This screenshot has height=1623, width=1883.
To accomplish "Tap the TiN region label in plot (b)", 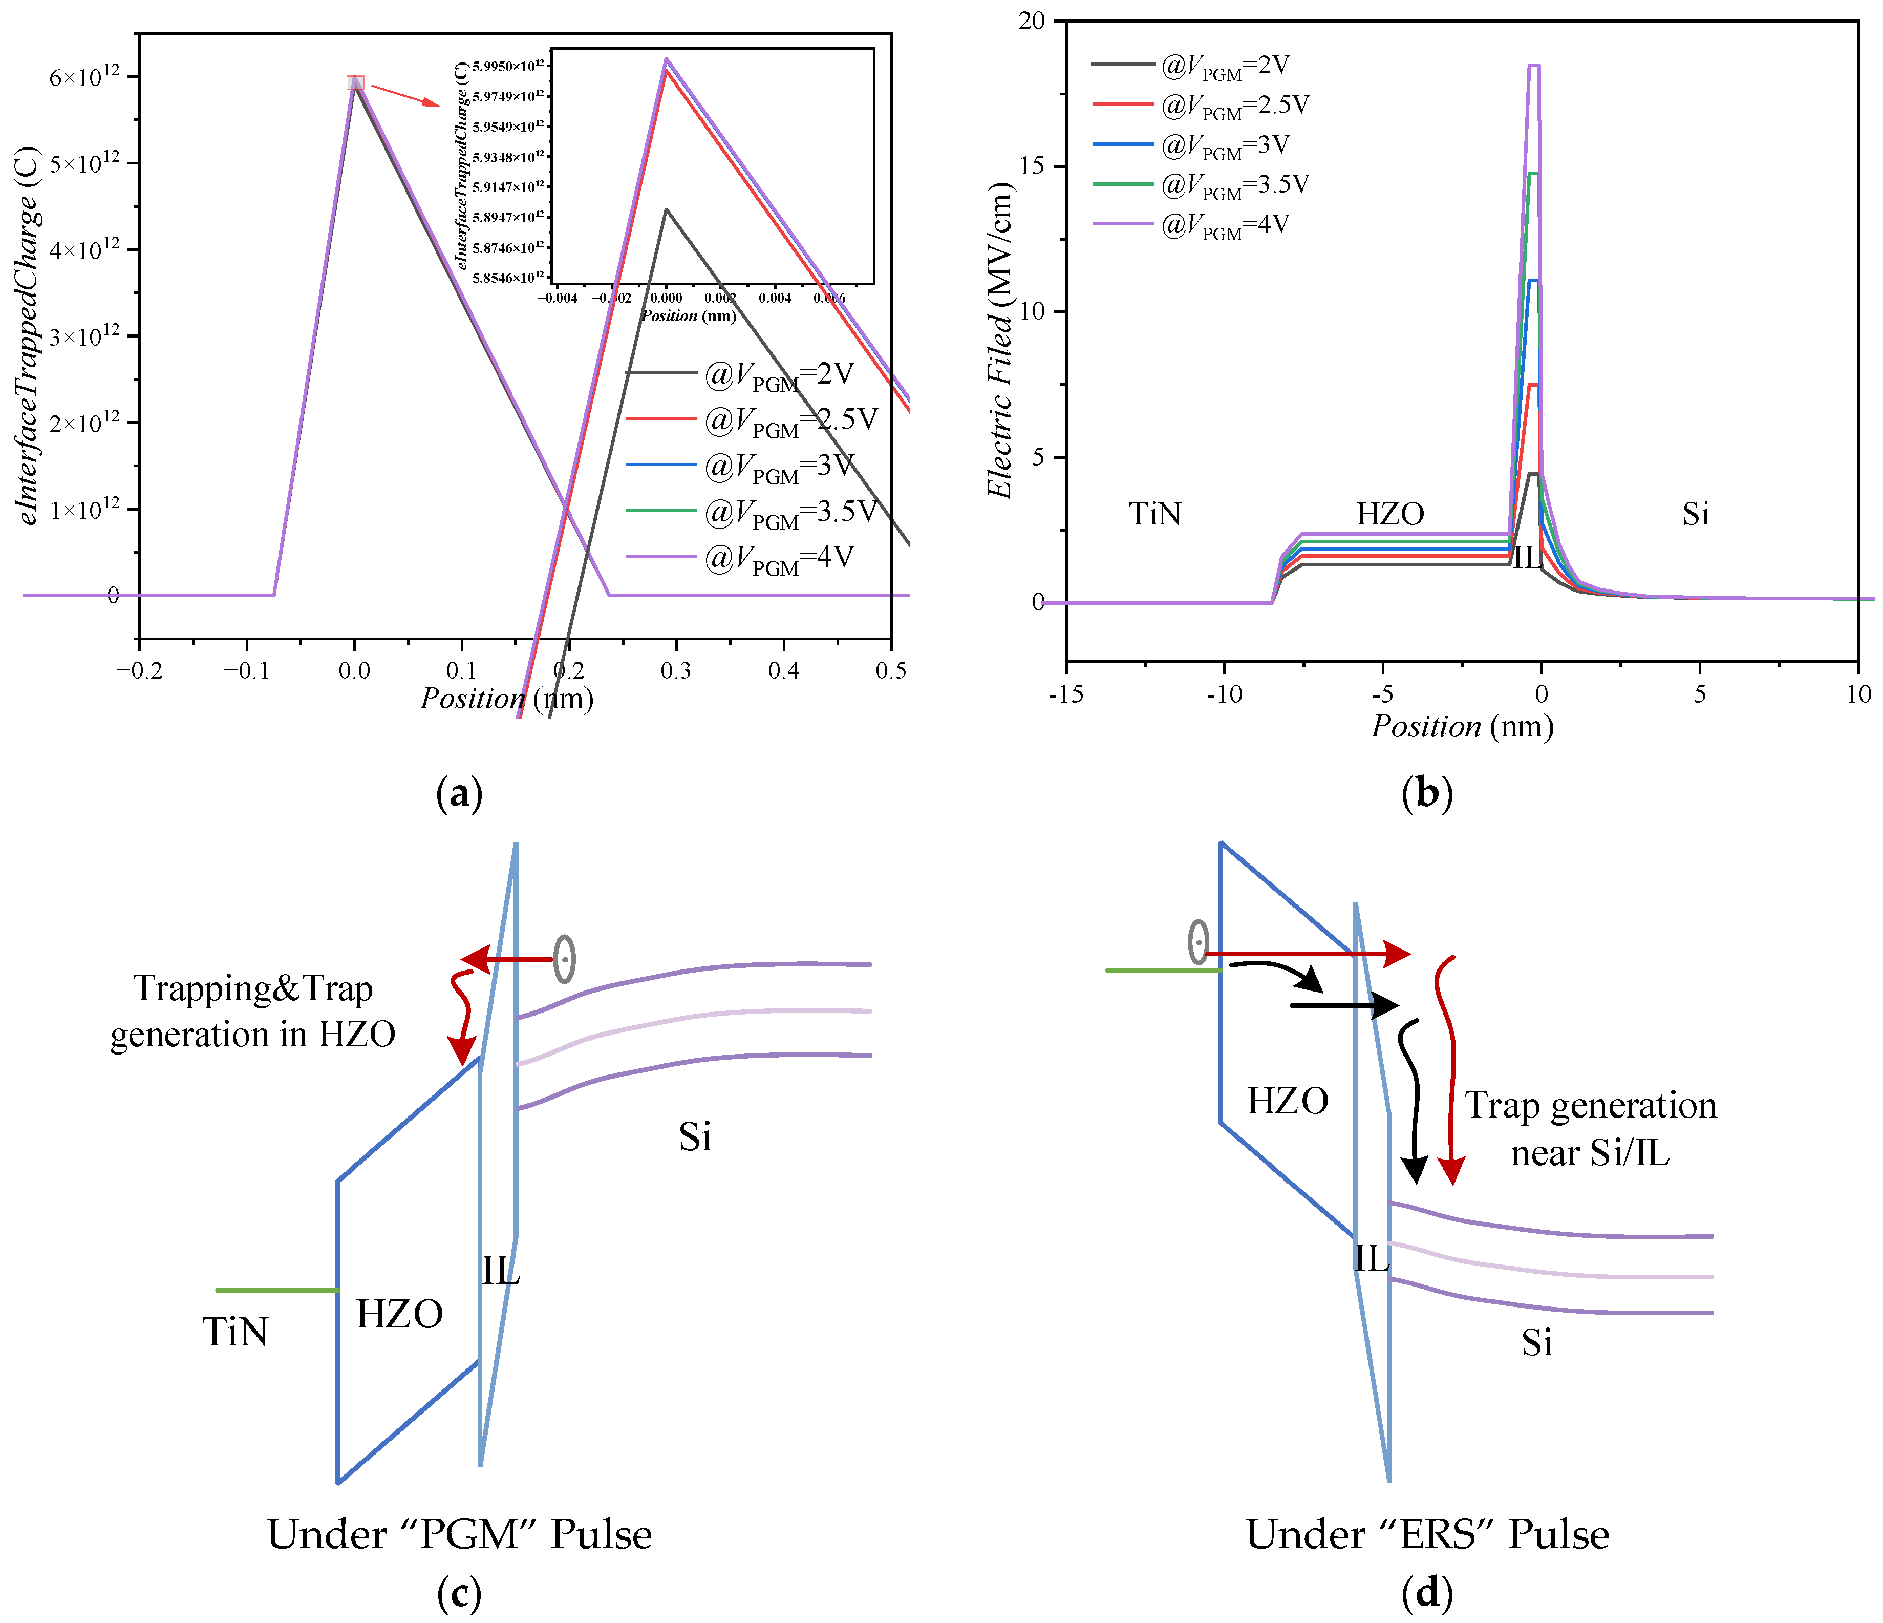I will (x=1155, y=515).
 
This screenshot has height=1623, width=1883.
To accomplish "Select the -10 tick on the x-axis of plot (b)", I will (x=1224, y=694).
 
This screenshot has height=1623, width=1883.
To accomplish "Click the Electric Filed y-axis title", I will (x=1000, y=341).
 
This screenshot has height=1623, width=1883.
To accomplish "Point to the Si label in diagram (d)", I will (x=1537, y=1342).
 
